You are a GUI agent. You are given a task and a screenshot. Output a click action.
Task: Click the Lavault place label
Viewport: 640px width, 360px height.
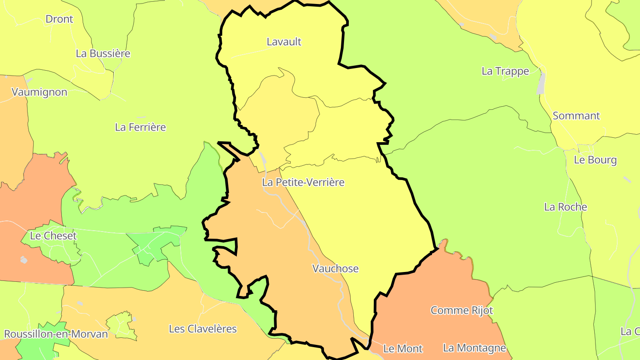(x=284, y=42)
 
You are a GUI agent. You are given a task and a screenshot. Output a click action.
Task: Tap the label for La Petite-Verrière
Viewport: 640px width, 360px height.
(x=303, y=182)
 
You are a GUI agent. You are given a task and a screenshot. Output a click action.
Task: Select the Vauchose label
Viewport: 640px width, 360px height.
(x=335, y=268)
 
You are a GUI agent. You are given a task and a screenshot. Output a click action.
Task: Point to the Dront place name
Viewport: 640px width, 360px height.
(x=59, y=19)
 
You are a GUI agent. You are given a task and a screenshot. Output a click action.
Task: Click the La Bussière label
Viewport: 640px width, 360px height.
(x=103, y=53)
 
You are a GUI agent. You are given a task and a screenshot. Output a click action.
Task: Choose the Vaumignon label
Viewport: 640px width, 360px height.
(x=40, y=92)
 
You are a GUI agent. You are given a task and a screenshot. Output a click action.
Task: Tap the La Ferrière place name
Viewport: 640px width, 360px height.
(x=140, y=127)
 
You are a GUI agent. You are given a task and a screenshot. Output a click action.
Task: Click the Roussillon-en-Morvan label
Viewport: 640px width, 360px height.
(x=56, y=334)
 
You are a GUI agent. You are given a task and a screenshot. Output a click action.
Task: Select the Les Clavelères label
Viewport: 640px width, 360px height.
(x=203, y=329)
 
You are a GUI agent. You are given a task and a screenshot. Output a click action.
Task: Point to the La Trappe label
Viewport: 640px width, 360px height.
(x=505, y=71)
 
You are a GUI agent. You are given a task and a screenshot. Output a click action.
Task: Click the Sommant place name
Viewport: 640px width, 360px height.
(x=576, y=116)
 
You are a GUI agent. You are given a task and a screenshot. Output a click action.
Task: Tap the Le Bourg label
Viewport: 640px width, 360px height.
(x=595, y=160)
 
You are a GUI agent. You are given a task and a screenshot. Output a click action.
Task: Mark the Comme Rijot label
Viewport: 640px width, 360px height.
(x=462, y=310)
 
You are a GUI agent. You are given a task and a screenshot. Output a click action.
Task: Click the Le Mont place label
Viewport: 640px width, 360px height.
(x=403, y=349)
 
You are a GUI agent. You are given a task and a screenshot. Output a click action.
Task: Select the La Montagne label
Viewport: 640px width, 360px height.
(x=474, y=348)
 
